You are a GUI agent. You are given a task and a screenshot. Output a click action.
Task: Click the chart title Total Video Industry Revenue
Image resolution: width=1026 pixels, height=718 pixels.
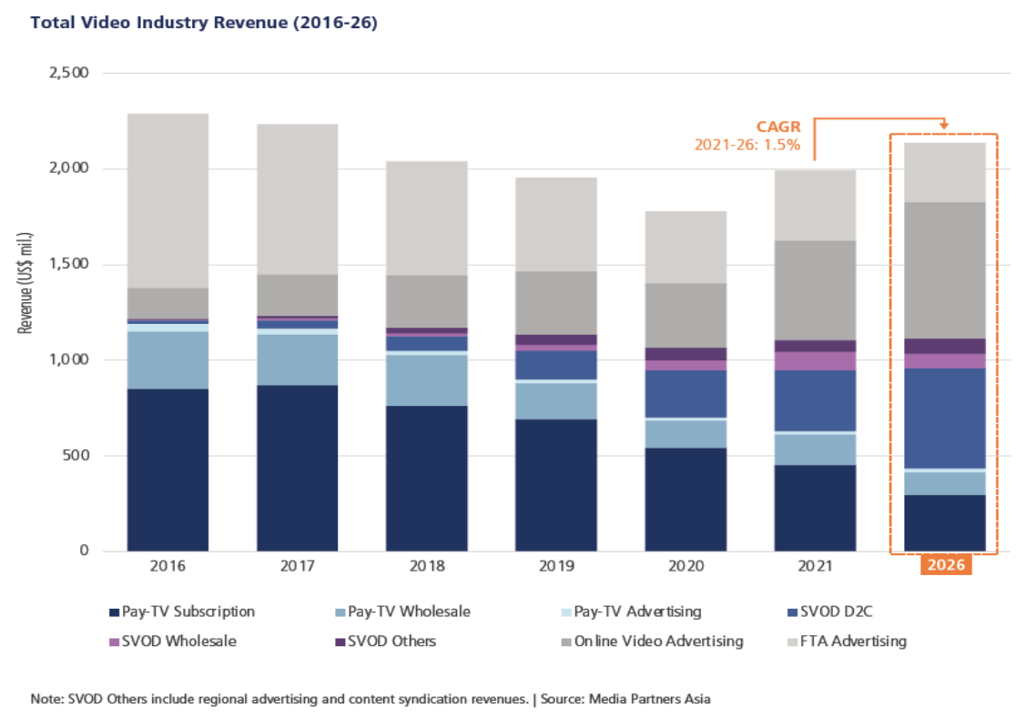click(x=204, y=23)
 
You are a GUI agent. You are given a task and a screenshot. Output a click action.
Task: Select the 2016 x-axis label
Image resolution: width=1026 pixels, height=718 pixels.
click(x=168, y=566)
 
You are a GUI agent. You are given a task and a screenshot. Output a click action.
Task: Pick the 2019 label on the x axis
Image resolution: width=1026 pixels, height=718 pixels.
click(x=555, y=566)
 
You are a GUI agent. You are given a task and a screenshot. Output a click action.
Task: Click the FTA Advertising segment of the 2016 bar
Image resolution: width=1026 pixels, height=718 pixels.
click(x=168, y=200)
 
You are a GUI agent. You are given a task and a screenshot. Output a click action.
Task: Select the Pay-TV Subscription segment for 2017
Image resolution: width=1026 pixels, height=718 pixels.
click(x=297, y=468)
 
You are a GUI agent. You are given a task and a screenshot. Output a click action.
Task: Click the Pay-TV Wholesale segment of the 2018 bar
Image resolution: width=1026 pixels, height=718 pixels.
click(x=426, y=379)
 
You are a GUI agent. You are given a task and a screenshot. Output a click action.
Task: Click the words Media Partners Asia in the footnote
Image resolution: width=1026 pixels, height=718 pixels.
click(x=652, y=699)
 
